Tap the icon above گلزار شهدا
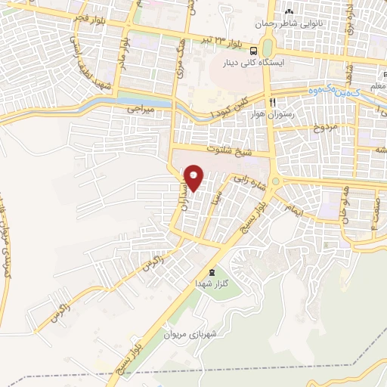(x=211, y=271)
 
